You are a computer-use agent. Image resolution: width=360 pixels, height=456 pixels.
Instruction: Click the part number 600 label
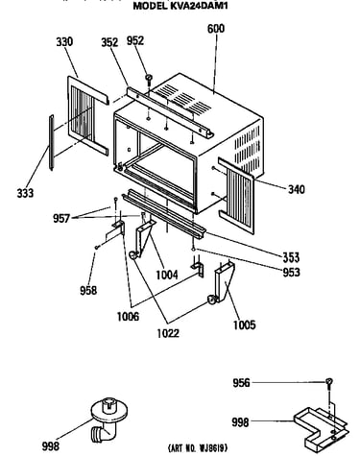[216, 29]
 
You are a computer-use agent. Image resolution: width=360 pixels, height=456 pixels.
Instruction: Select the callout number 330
[64, 42]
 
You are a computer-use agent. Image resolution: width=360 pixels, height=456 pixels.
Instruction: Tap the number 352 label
[109, 42]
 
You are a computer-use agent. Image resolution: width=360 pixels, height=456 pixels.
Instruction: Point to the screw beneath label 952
[149, 78]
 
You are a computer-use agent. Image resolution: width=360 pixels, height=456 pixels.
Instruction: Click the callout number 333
[25, 193]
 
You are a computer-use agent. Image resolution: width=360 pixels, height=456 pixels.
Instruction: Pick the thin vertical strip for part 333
[51, 143]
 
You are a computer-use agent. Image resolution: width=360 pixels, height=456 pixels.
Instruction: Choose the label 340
[297, 189]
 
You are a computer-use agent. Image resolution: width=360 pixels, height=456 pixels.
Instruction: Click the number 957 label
[61, 219]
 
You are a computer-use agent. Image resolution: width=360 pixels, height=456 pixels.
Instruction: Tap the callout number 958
[88, 290]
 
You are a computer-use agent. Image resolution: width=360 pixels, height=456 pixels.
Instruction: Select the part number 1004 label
[167, 275]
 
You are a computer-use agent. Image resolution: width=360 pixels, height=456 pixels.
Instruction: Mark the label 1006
[129, 317]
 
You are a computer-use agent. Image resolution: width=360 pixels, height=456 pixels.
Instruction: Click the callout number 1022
[168, 333]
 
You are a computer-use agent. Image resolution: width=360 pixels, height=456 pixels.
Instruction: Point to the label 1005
[245, 325]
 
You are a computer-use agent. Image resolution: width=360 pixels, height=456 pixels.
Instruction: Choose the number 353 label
[291, 257]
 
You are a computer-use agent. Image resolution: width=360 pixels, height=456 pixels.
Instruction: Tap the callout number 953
[291, 272]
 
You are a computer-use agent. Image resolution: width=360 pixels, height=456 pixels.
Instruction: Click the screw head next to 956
[329, 382]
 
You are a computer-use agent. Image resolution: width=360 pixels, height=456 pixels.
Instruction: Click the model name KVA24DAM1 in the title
[199, 6]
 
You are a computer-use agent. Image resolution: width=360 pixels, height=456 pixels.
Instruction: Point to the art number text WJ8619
[213, 447]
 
